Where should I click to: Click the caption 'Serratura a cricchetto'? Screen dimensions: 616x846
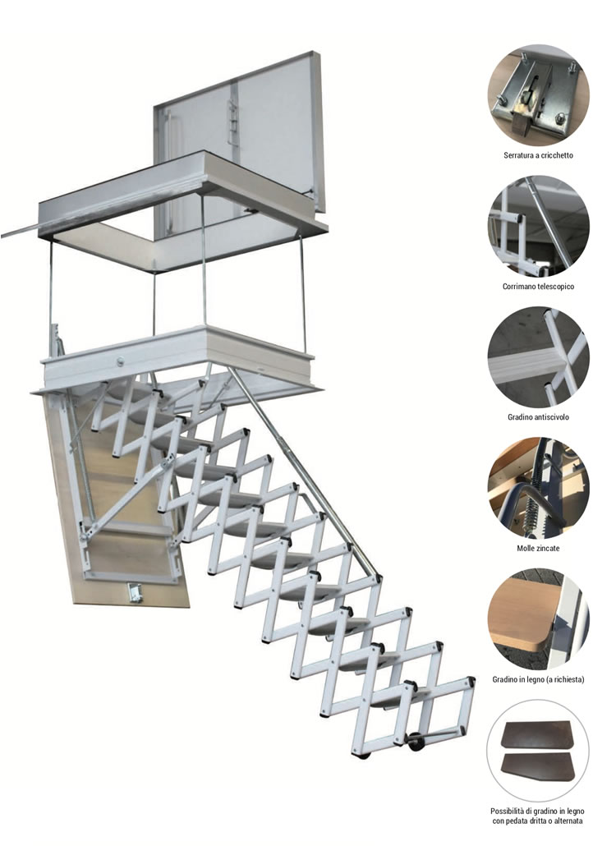tap(538, 155)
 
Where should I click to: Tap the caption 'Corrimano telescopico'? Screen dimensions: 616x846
tap(538, 287)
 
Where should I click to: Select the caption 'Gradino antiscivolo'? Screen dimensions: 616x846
tap(538, 417)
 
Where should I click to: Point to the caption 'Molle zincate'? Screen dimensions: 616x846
tap(538, 548)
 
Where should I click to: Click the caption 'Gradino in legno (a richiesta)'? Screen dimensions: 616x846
tap(538, 680)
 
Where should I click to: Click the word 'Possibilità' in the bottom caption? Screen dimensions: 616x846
tap(507, 811)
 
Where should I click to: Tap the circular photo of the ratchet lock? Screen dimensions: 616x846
tap(538, 96)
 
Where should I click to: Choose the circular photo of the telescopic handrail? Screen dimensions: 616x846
tap(538, 227)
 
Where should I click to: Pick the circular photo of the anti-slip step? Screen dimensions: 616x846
tap(538, 358)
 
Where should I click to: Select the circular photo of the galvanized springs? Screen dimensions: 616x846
tap(538, 489)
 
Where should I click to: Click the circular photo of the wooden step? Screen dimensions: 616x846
tap(538, 619)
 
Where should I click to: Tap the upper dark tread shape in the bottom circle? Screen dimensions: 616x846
tap(536, 734)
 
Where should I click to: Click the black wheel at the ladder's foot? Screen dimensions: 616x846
tap(416, 743)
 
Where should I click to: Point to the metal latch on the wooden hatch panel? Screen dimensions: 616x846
tap(133, 592)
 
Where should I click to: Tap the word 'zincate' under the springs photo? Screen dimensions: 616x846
tap(548, 548)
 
